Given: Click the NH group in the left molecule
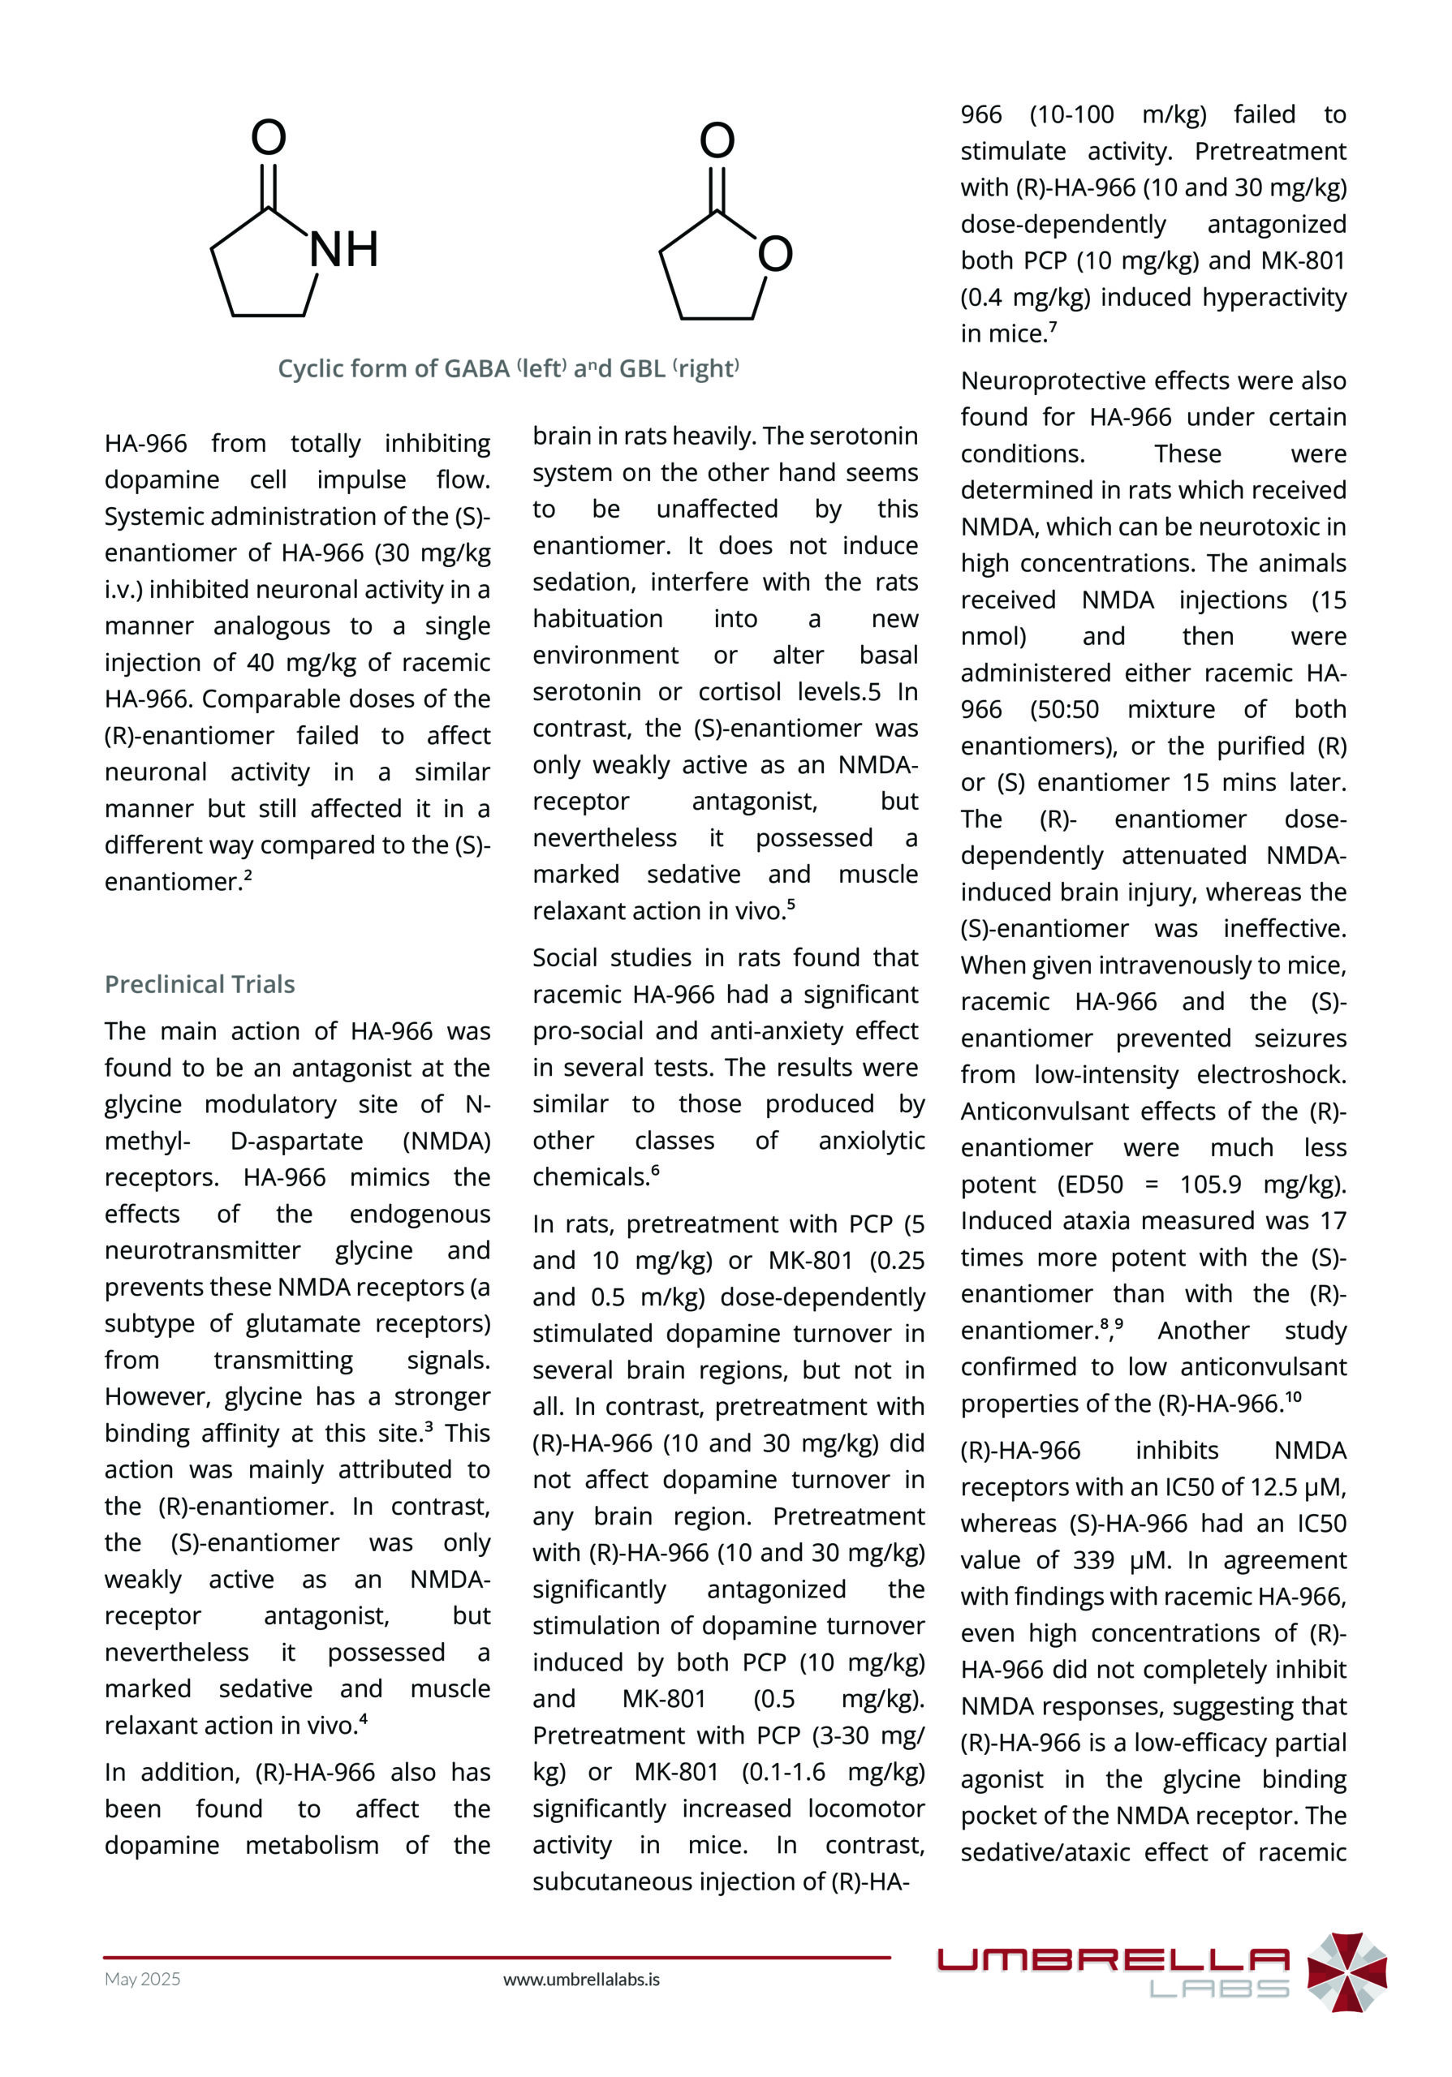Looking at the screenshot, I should click(x=344, y=250).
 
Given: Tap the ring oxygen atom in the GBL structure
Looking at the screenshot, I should click(x=775, y=254).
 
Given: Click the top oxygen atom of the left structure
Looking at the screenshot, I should click(x=269, y=137).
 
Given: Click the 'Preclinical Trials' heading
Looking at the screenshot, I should click(x=200, y=984).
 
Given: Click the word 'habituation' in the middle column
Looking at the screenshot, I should click(x=597, y=619).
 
